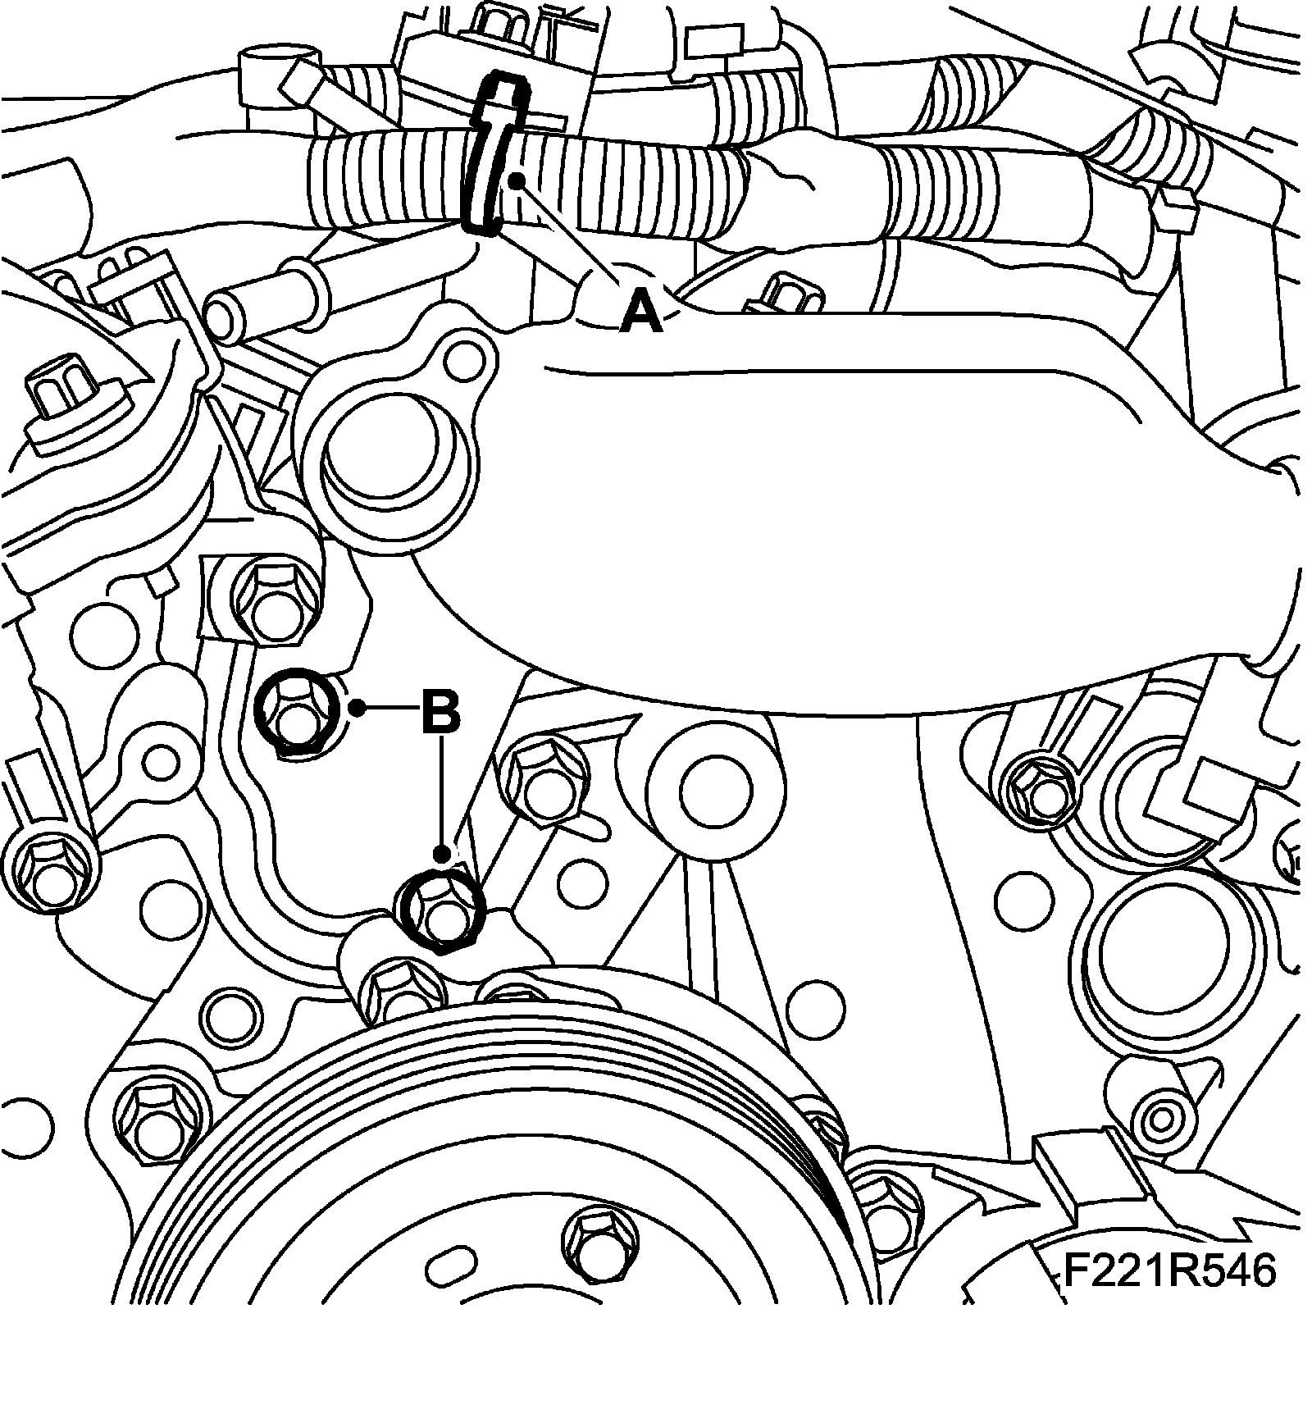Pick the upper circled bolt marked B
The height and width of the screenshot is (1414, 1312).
tap(296, 710)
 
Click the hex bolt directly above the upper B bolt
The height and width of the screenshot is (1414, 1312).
tap(271, 603)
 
